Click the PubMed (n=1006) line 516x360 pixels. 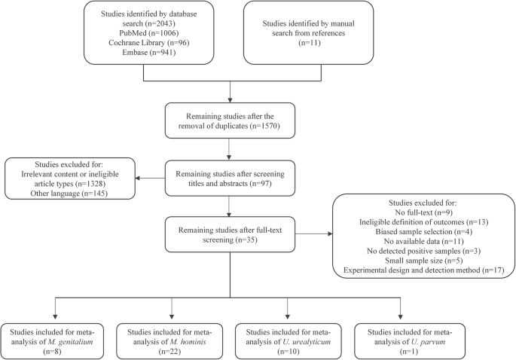click(x=148, y=33)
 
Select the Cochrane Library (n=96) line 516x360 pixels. click(x=148, y=43)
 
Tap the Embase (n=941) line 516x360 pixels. click(x=148, y=52)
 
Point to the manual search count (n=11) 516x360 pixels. click(x=310, y=43)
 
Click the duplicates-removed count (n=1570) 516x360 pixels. click(x=264, y=126)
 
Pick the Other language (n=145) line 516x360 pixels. click(x=69, y=193)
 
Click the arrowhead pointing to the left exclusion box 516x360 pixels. click(x=138, y=178)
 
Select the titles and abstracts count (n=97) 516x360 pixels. click(x=261, y=183)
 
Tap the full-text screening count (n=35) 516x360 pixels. click(x=246, y=239)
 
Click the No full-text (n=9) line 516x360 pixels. click(x=424, y=212)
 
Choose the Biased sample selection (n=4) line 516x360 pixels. click(x=424, y=232)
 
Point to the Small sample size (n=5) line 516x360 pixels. click(x=424, y=261)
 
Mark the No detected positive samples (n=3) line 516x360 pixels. click(x=424, y=251)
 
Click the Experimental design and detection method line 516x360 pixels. click(x=424, y=270)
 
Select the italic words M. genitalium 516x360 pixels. click(x=70, y=342)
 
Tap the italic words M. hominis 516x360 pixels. click(x=188, y=342)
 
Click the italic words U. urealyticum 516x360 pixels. click(x=307, y=342)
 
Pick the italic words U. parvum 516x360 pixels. click(x=428, y=342)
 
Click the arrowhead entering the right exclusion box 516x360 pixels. click(x=330, y=234)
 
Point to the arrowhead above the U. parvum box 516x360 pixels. click(x=400, y=317)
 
